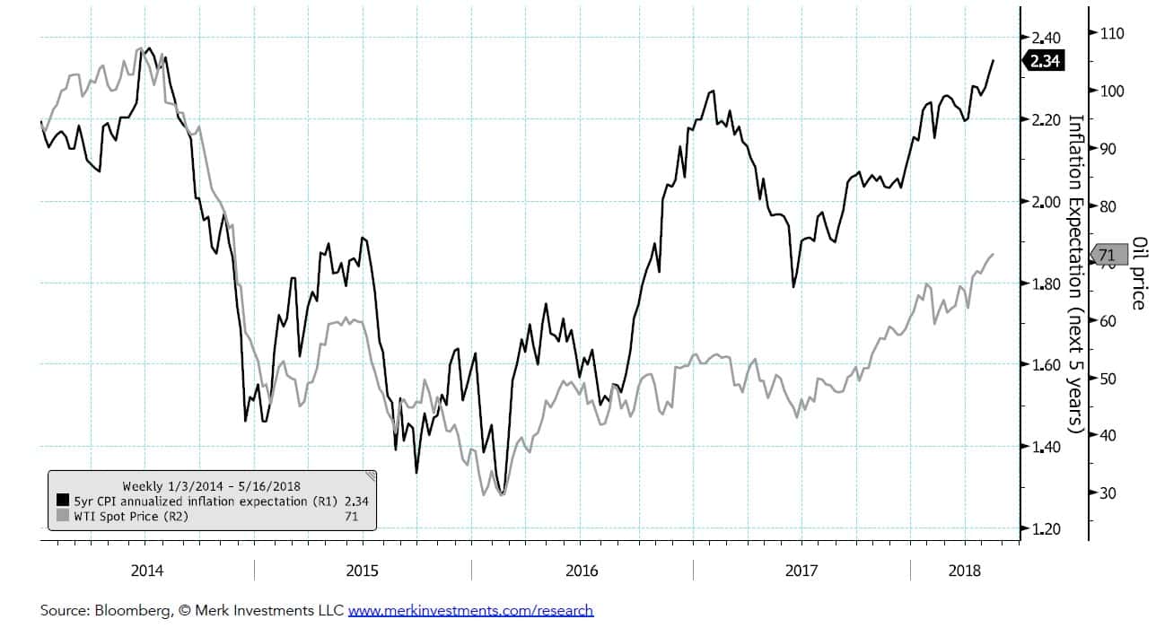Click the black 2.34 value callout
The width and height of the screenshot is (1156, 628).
pyautogui.click(x=1043, y=61)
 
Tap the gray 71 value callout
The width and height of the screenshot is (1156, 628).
pyautogui.click(x=1106, y=255)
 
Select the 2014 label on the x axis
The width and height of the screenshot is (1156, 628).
pyautogui.click(x=147, y=571)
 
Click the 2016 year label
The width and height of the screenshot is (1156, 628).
pyautogui.click(x=582, y=571)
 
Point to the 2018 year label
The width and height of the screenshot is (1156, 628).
pyautogui.click(x=965, y=571)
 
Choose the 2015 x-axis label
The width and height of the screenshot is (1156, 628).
pyautogui.click(x=363, y=571)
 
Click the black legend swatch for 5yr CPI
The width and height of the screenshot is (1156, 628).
pyautogui.click(x=63, y=501)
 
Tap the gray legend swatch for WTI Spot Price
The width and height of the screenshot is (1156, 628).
pyautogui.click(x=63, y=515)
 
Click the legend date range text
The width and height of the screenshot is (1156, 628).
pyautogui.click(x=211, y=486)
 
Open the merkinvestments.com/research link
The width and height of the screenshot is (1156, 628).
pyautogui.click(x=470, y=611)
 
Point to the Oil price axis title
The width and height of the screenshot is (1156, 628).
pyautogui.click(x=1138, y=273)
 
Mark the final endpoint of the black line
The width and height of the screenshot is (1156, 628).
pyautogui.click(x=994, y=60)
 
